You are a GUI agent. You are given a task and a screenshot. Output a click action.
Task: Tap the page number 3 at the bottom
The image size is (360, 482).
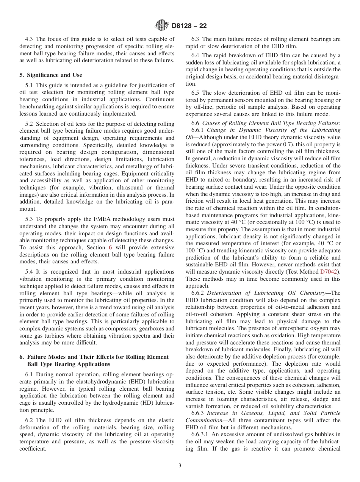180,466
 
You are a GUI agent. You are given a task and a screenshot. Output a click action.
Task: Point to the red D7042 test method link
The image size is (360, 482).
330,271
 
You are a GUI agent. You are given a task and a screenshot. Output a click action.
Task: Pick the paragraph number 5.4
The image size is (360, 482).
30,272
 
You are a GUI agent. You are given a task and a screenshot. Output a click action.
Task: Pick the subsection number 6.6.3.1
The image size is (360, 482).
199,434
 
